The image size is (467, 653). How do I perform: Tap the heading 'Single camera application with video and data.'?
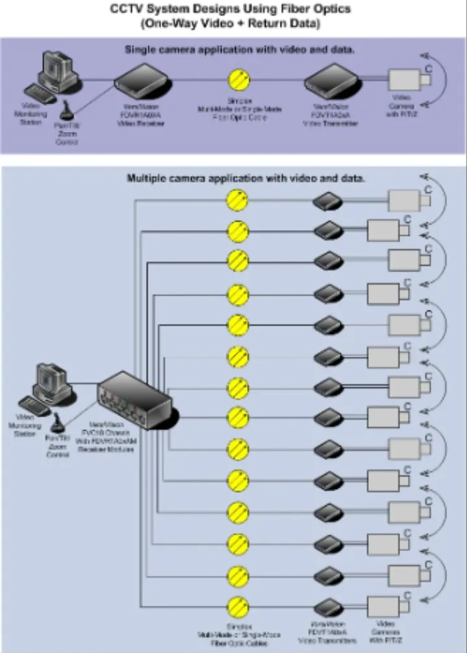240,49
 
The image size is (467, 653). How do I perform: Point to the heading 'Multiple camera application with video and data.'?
246,177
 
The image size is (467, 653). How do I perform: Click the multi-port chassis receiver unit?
133,397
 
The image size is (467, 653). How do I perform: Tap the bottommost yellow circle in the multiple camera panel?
237,606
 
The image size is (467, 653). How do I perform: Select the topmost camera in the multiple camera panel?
409,199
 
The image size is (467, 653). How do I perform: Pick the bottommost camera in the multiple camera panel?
388,607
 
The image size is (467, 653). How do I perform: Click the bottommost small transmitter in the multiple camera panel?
328,608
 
